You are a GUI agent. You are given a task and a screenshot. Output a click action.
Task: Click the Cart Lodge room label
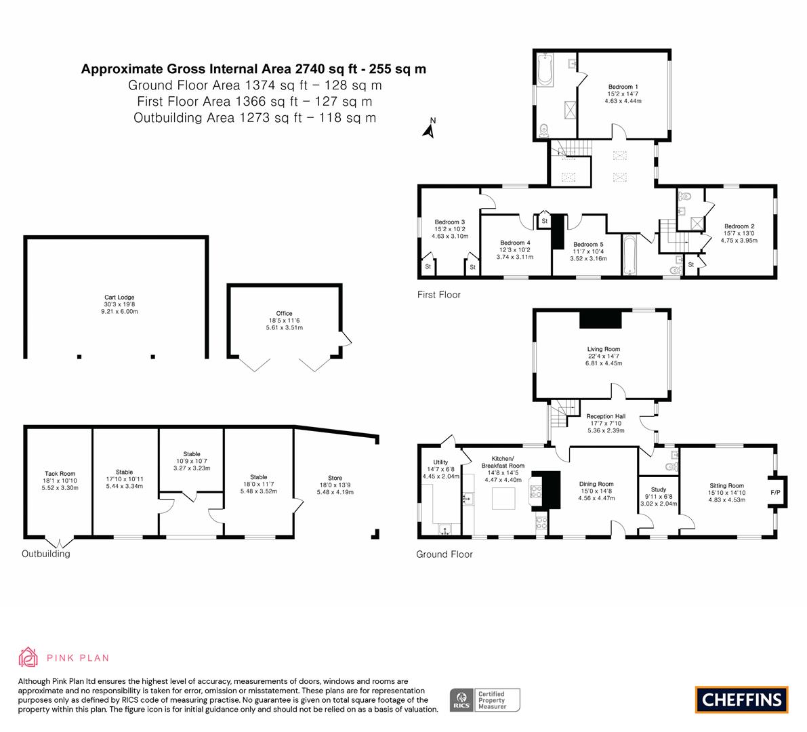pos(119,298)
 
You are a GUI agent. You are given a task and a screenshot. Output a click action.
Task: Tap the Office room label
pos(284,314)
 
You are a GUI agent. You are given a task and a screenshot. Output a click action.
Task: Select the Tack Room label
pos(60,474)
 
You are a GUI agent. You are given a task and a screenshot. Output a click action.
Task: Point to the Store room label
pos(335,478)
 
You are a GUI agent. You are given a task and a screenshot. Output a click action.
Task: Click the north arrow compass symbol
pos(429,129)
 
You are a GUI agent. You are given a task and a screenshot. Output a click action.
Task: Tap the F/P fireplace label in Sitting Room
pos(775,493)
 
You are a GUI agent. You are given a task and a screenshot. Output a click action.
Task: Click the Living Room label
pos(604,349)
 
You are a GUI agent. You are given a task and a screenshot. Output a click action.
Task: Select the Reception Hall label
pos(606,416)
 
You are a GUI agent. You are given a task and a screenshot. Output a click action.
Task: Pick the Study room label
pos(658,489)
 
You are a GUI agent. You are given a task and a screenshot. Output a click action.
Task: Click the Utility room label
pos(440,462)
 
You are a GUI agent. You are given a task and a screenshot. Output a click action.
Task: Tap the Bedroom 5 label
pos(588,245)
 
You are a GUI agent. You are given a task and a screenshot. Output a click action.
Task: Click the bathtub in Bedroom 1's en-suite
pos(545,70)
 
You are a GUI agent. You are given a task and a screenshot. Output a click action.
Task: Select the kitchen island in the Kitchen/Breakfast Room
pos(503,498)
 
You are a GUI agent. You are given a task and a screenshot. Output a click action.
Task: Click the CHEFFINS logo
pos(742,699)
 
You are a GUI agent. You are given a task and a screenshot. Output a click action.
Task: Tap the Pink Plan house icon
pos(28,657)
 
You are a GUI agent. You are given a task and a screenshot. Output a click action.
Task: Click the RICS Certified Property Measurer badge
pos(485,700)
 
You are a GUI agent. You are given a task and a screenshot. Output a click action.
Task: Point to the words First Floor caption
pos(439,294)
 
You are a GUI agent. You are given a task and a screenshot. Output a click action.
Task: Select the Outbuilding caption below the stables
pos(46,554)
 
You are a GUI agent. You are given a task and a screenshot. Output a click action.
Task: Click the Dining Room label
pos(596,484)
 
